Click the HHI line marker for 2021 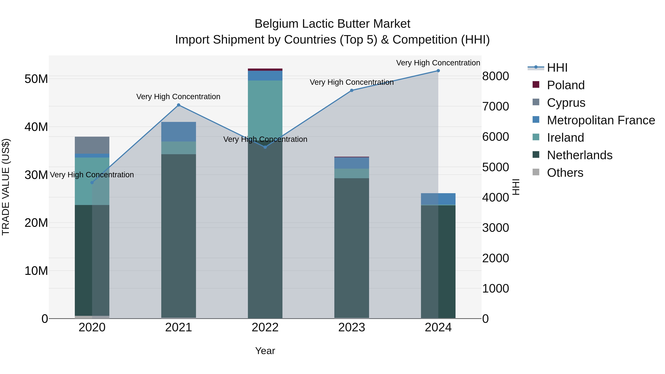tap(178, 105)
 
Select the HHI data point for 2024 tap(438, 71)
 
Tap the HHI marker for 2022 tap(265, 147)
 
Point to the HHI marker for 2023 tap(352, 90)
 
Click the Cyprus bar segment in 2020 tap(92, 145)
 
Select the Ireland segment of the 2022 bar tap(265, 108)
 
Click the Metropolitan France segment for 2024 tap(438, 199)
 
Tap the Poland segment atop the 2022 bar tap(265, 70)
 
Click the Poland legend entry tap(565, 85)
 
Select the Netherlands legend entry tap(579, 155)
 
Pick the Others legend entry tap(565, 173)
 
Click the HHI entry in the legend tap(557, 68)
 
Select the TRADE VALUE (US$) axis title tap(6, 187)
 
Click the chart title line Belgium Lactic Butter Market tap(332, 24)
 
